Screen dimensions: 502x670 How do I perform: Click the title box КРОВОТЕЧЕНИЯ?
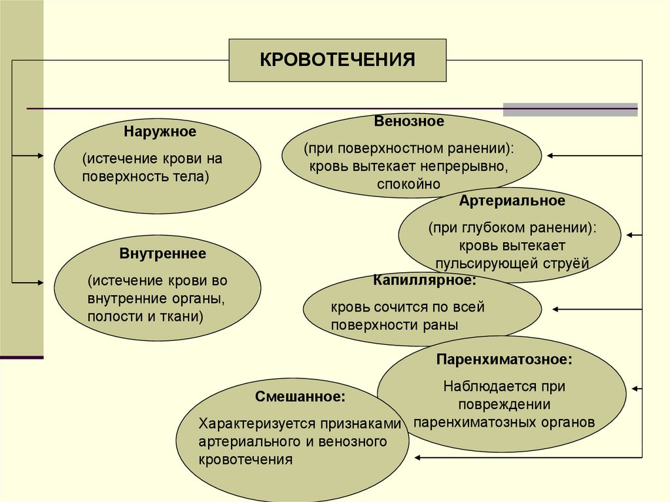tap(338, 60)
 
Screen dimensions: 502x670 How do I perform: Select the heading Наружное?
tap(160, 132)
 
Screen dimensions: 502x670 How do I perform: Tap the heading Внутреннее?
tap(163, 253)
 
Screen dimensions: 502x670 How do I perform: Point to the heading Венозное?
tap(409, 121)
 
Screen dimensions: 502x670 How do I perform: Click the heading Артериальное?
tap(512, 200)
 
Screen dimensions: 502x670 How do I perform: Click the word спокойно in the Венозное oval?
tap(409, 185)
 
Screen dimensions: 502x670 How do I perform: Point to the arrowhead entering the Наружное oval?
tap(40, 156)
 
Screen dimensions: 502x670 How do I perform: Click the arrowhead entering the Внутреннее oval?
tap(40, 282)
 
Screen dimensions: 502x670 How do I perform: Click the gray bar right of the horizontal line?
tap(569, 109)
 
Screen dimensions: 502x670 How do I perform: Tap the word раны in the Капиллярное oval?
tap(442, 324)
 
